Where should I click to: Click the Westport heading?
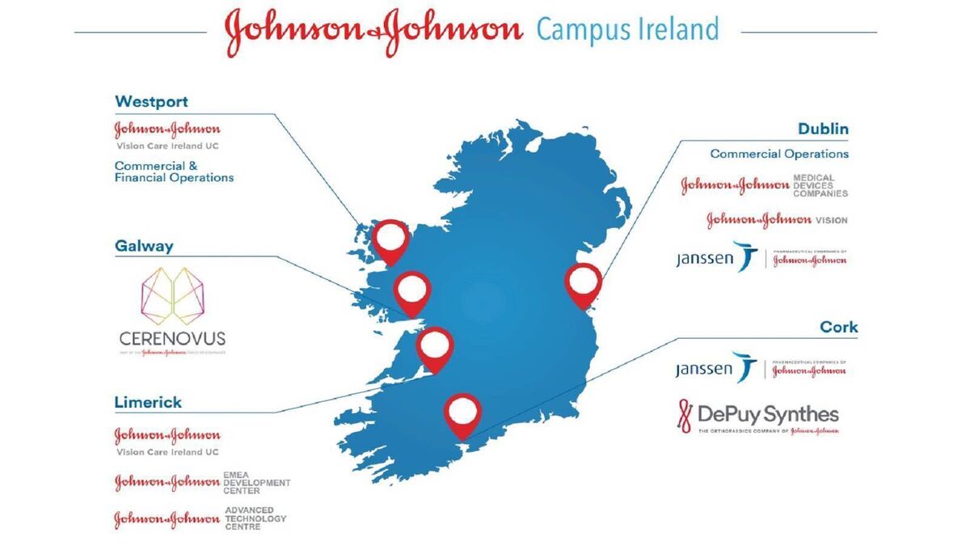153,102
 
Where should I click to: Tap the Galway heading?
144,247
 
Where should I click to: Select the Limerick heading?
148,402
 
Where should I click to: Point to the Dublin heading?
823,129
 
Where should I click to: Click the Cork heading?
838,328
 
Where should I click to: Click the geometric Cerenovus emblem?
172,294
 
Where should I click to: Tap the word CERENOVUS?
172,338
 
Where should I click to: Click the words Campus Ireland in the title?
627,30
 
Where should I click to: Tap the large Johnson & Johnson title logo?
373,30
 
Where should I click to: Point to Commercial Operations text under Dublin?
779,154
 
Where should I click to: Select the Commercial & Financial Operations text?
174,171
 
